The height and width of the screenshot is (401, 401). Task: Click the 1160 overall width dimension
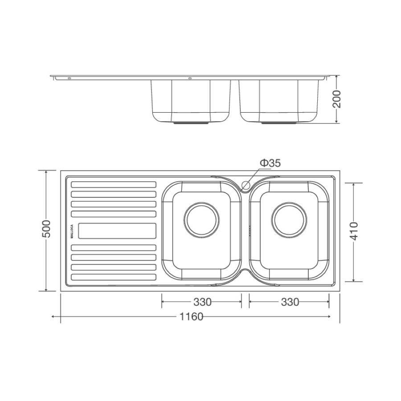[x=191, y=317]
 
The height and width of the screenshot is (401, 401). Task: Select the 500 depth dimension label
[x=46, y=229]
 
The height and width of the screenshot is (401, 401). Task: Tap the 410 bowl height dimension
[x=354, y=231]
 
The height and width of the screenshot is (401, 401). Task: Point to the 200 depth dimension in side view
[x=337, y=99]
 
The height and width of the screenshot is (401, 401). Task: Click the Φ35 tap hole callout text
[x=270, y=163]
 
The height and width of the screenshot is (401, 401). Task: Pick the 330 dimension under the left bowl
[x=202, y=302]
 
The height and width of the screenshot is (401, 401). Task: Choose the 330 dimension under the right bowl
[x=290, y=302]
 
